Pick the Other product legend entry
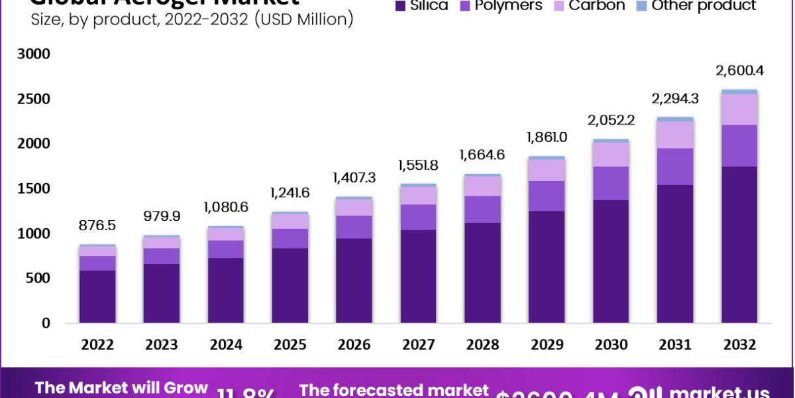point(695,6)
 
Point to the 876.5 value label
point(97,226)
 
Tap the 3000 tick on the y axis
point(34,54)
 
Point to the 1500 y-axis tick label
point(34,188)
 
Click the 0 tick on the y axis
point(46,323)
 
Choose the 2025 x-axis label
point(290,345)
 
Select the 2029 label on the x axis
point(547,345)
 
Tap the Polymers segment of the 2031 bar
point(675,166)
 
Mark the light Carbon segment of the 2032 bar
point(739,109)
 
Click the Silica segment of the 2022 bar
point(97,297)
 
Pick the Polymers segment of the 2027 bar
point(418,217)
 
